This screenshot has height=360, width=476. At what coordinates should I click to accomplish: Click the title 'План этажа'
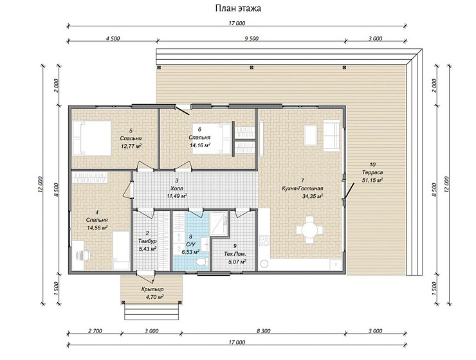[x=238, y=8]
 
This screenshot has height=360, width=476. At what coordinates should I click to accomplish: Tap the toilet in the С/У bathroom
[x=201, y=261]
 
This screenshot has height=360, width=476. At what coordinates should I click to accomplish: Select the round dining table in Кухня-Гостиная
[x=309, y=230]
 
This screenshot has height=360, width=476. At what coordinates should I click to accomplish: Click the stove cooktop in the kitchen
[x=264, y=240]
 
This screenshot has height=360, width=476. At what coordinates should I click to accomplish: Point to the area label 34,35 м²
[x=313, y=196]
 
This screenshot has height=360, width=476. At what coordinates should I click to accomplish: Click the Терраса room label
[x=372, y=172]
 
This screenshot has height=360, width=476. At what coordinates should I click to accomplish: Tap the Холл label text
[x=177, y=188]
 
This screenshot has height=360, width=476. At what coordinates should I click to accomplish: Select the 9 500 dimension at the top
[x=252, y=38]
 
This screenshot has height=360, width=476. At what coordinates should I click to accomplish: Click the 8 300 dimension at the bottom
[x=263, y=331]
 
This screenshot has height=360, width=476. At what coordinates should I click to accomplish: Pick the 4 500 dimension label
[x=113, y=38]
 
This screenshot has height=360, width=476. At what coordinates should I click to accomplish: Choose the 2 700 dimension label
[x=95, y=331]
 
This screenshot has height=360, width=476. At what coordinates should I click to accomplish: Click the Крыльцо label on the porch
[x=152, y=289]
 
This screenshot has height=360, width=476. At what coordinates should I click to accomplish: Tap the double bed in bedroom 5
[x=92, y=138]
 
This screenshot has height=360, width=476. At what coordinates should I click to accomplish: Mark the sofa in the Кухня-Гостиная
[x=331, y=135]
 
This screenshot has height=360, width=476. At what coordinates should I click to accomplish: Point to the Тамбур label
[x=147, y=241]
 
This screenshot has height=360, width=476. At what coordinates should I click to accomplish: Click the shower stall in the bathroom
[x=219, y=224]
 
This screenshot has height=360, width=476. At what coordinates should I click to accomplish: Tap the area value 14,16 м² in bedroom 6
[x=200, y=145]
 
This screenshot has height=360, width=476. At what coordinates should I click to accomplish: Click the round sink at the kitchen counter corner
[x=264, y=264]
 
